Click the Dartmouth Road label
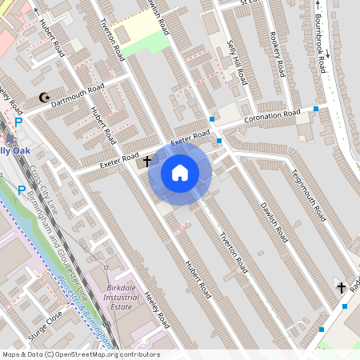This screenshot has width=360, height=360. click(x=78, y=95)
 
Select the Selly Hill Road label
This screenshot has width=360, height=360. click(x=235, y=62)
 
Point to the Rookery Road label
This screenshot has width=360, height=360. click(x=278, y=54)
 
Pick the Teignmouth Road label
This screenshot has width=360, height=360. click(x=308, y=194)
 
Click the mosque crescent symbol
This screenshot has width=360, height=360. click(x=43, y=98)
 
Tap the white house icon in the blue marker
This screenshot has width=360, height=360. click(x=180, y=172)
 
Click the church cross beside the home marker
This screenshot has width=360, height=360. click(x=147, y=161)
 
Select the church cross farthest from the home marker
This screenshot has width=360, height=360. click(x=342, y=286)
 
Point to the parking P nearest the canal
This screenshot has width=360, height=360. click(x=22, y=190)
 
